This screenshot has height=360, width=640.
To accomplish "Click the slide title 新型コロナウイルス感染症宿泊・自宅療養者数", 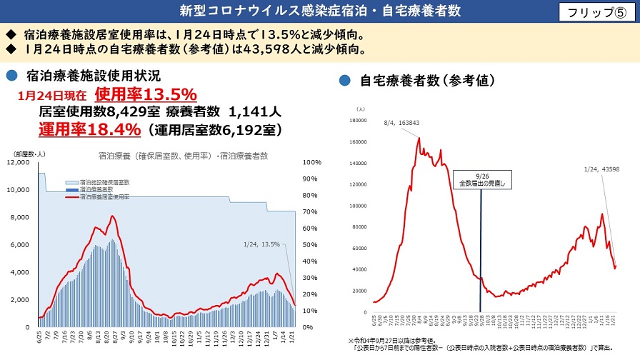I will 319,11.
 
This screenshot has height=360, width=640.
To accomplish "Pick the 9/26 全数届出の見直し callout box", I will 480,179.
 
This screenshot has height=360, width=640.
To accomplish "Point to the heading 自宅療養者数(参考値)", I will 427,80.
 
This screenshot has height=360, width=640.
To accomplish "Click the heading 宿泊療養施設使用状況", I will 93,75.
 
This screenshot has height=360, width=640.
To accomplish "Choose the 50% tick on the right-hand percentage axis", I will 310,245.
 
